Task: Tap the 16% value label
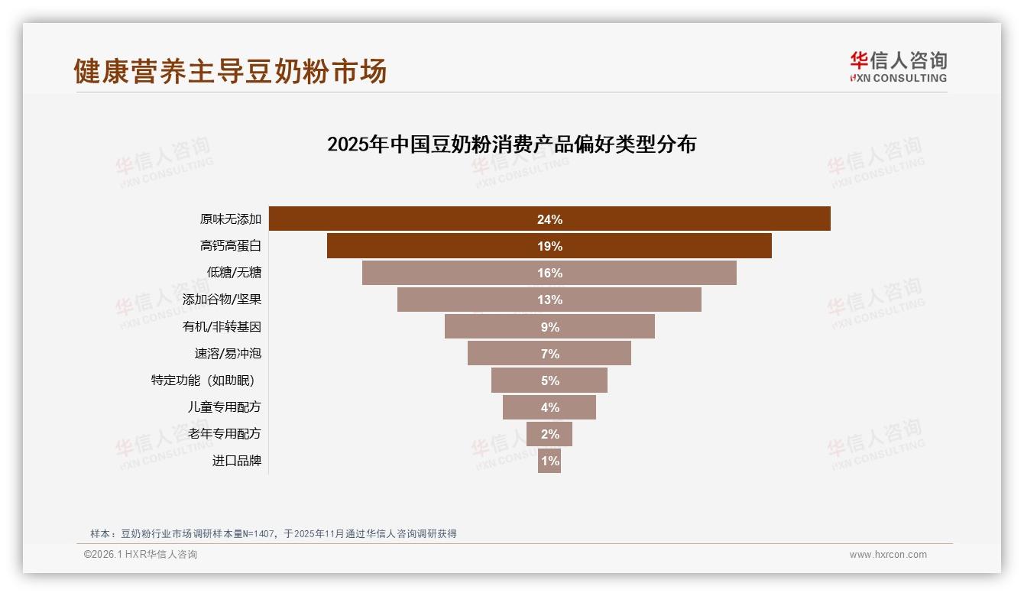pos(549,273)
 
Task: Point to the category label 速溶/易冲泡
pos(228,353)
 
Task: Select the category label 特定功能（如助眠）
pos(203,380)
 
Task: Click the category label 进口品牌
pos(237,461)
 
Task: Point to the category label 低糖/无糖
pos(234,273)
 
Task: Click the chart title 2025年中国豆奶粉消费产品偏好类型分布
pos(511,144)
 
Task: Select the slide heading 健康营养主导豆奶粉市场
pos(230,71)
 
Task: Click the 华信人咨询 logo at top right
pos(898,66)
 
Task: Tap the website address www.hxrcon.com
pos(887,555)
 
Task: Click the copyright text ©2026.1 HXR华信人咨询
pos(141,555)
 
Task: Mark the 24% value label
pos(549,219)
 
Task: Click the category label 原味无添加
pos(231,219)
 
